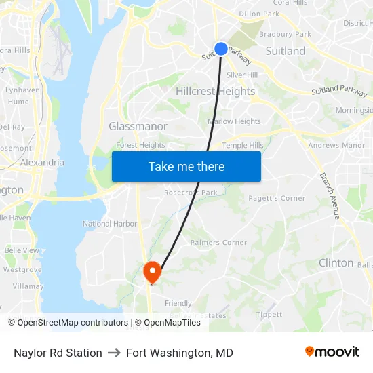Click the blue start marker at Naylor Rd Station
tap(221, 48)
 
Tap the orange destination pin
tap(152, 272)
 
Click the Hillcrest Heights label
tap(215, 91)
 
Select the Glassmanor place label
tap(138, 126)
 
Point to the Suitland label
tap(285, 51)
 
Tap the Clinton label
tap(336, 262)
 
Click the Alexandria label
tap(42, 163)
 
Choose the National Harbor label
tap(110, 224)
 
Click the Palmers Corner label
tap(218, 243)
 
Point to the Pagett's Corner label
tap(277, 198)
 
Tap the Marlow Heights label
tap(234, 122)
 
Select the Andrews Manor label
tap(336, 145)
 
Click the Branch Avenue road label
tap(330, 195)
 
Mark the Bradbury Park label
tap(285, 34)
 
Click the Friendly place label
tap(178, 303)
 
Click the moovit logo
tap(332, 352)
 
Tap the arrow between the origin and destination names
tap(114, 353)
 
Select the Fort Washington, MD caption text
tap(180, 353)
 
